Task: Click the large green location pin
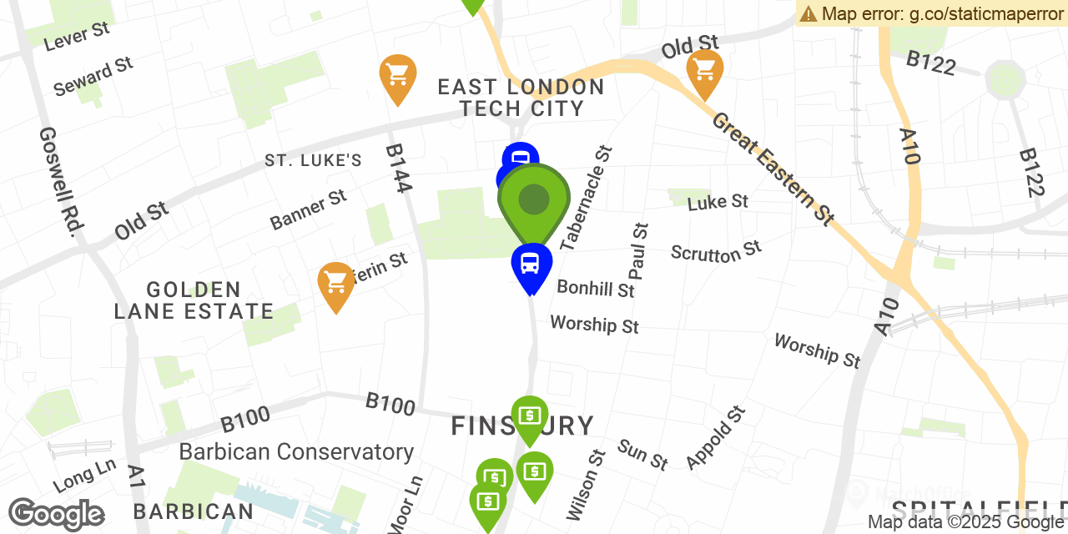(x=534, y=201)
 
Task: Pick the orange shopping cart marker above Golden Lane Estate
(x=336, y=284)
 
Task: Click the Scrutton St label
(x=716, y=251)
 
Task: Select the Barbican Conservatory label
(x=296, y=452)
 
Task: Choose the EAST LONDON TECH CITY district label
(x=521, y=98)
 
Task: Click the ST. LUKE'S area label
(x=313, y=160)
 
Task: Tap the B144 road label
(x=398, y=169)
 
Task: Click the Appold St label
(x=715, y=437)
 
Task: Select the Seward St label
(x=93, y=76)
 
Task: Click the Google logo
(x=56, y=514)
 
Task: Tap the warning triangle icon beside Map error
(x=808, y=13)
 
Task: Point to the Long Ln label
(x=84, y=476)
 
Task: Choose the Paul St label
(x=638, y=251)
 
